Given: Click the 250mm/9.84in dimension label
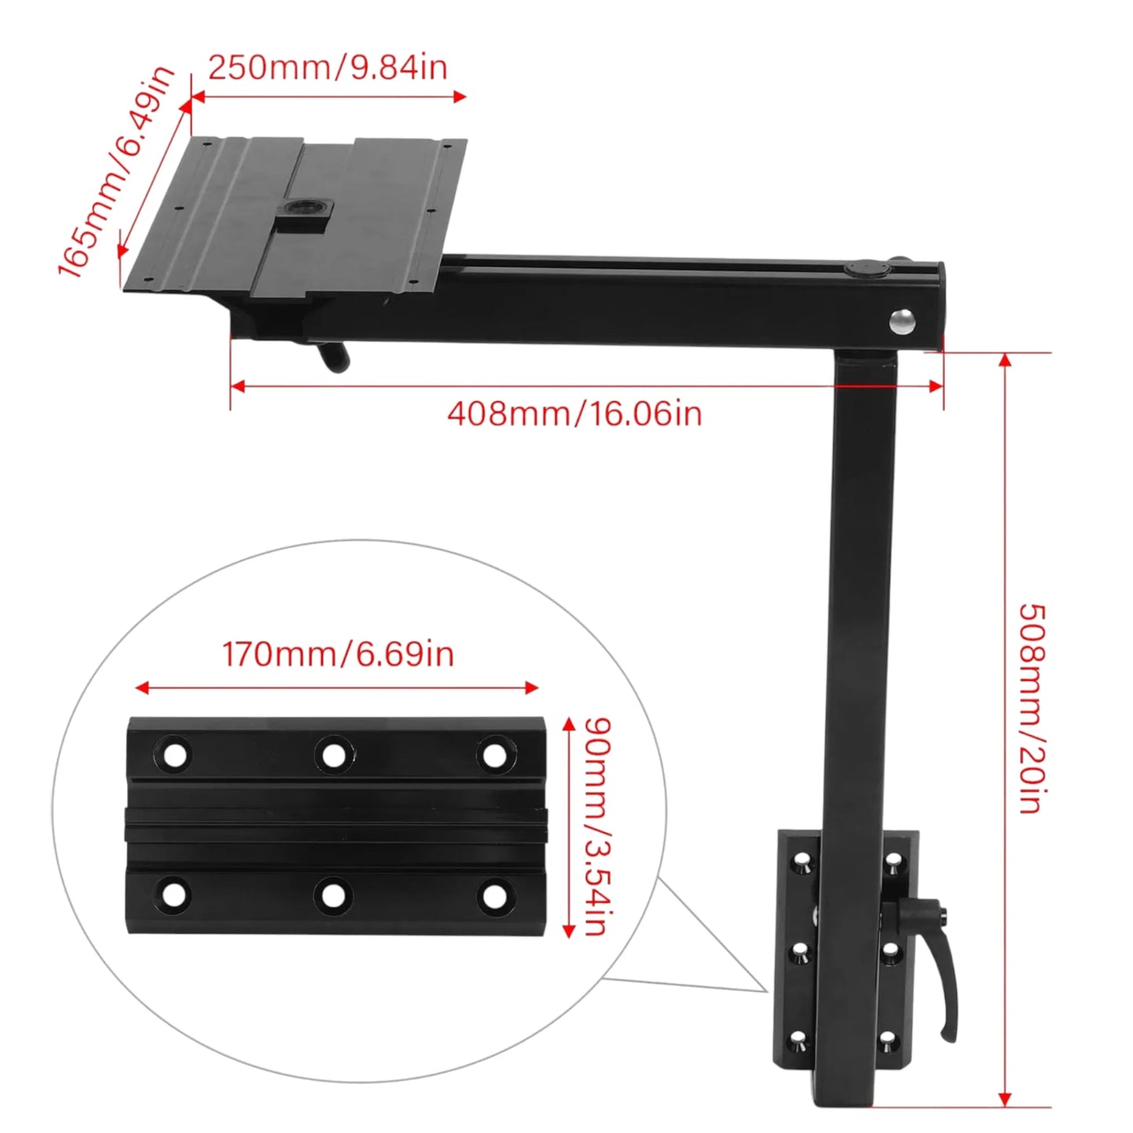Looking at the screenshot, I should click(x=328, y=67).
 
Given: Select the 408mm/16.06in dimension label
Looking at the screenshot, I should click(x=574, y=413).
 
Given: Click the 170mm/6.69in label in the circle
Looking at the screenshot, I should click(x=338, y=654).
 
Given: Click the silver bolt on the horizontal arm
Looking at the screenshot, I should click(x=902, y=321).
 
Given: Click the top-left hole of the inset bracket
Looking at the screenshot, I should click(x=175, y=755).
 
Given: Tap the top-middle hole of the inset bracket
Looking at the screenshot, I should click(x=334, y=755).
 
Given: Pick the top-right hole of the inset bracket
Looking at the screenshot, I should click(x=494, y=755).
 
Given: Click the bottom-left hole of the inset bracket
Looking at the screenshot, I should click(x=174, y=895).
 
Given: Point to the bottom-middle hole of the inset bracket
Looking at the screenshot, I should click(x=333, y=895).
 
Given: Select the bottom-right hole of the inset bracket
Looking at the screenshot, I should click(x=494, y=895).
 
